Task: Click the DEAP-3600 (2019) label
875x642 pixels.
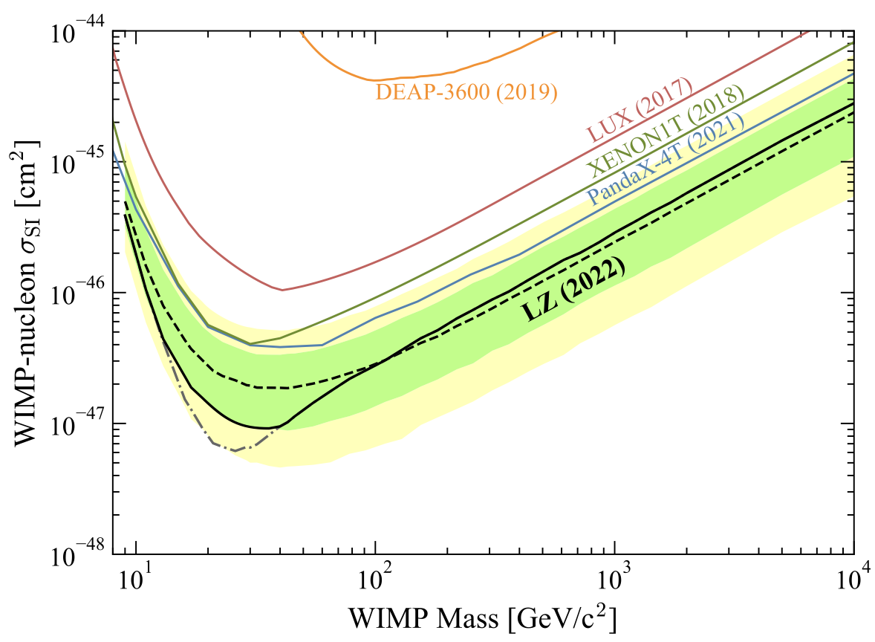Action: (x=466, y=92)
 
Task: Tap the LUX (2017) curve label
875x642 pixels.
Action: (x=640, y=110)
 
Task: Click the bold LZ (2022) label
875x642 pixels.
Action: (x=571, y=291)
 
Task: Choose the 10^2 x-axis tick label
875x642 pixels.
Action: (x=376, y=578)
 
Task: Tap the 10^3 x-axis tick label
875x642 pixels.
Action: (x=615, y=578)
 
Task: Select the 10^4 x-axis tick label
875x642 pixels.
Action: (x=853, y=578)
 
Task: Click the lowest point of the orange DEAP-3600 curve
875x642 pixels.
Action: (x=376, y=80)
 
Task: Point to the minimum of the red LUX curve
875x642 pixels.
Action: (x=282, y=290)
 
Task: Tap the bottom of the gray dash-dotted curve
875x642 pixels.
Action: (x=235, y=450)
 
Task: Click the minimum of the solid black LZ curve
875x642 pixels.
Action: (x=266, y=428)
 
